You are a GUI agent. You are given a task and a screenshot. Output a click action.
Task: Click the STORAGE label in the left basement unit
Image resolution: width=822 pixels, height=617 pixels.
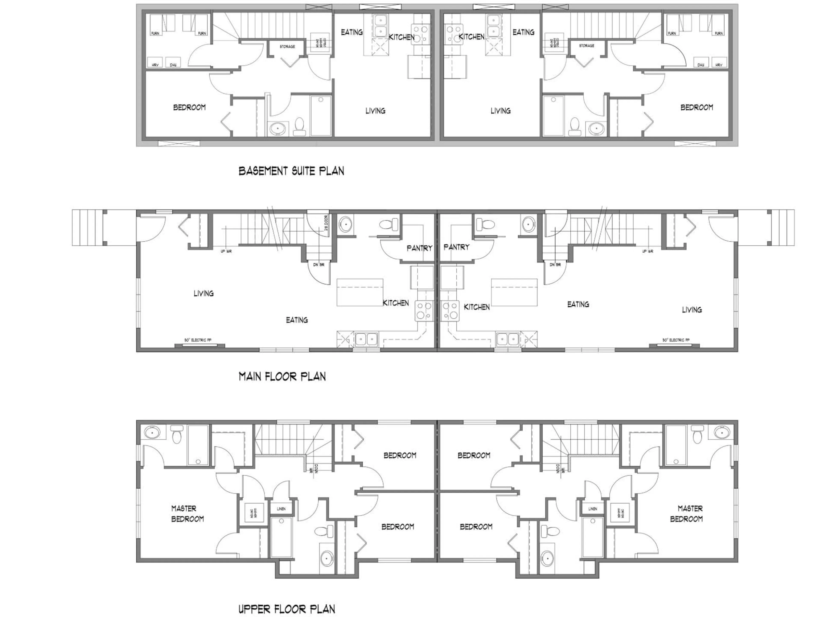tap(287, 46)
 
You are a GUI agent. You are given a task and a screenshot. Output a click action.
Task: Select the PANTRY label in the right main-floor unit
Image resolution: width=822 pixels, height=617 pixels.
tap(456, 247)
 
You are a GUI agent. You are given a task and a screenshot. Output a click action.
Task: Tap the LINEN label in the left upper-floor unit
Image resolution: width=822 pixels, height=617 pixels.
tap(281, 508)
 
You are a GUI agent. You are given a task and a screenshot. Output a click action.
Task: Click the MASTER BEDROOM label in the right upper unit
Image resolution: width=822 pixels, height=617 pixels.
tap(687, 514)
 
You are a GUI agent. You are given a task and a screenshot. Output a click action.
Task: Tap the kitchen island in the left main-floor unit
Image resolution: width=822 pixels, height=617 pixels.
tap(359, 292)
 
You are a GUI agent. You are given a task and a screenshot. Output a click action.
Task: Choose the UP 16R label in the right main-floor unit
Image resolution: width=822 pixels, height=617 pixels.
tap(647, 252)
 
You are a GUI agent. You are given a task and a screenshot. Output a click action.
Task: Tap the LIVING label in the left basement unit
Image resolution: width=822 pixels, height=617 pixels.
tap(375, 111)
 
